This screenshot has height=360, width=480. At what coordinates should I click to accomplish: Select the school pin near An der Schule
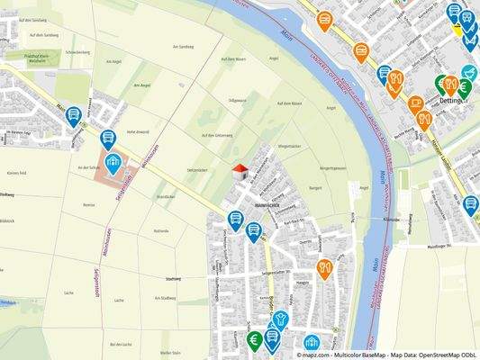[x=113, y=162]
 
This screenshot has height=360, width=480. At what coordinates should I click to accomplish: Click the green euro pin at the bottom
[x=254, y=340]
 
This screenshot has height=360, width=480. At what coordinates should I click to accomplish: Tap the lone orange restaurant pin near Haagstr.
[x=324, y=267]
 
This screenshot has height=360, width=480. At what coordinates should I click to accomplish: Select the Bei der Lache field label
[x=121, y=345]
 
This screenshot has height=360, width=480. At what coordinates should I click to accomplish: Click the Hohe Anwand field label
[x=138, y=130]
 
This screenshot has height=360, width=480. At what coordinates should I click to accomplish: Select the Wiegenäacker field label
[x=290, y=146]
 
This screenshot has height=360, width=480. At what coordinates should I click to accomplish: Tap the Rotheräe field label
[x=161, y=230]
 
